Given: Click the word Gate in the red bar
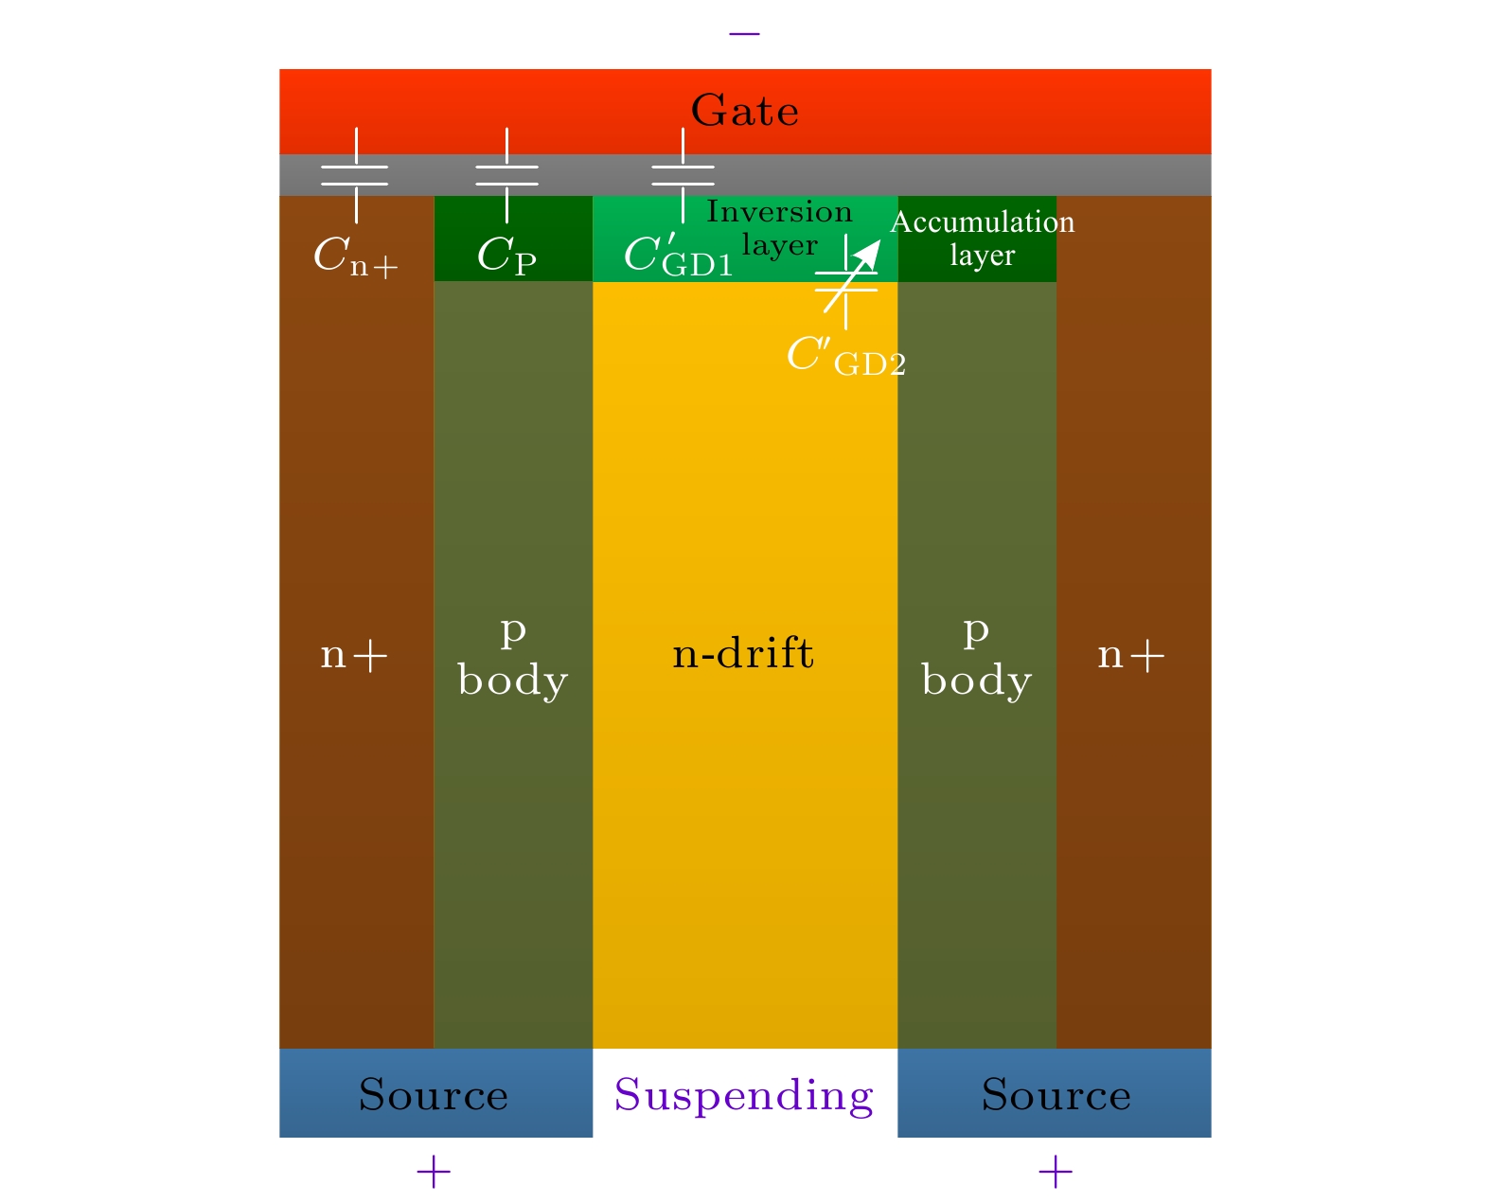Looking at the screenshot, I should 744,112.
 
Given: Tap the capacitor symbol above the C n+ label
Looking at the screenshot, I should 355,175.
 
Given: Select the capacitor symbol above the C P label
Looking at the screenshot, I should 506,175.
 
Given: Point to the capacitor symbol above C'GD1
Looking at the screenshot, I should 683,175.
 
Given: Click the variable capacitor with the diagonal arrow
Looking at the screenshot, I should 846,281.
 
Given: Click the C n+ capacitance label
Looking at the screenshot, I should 355,256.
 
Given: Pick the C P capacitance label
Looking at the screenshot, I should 506,256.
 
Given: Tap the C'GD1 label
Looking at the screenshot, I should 678,256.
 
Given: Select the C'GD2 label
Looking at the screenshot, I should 845,357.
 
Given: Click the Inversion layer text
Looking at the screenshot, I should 779,228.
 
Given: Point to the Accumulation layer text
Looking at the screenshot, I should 982,239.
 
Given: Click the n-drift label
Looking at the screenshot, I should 742,654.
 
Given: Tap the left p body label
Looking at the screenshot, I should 512,656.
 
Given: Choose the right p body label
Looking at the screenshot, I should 976,656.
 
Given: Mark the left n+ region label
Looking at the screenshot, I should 354,655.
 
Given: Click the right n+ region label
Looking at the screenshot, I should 1130,655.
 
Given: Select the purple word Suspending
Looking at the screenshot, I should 743,1096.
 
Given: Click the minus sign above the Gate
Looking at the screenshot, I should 744,34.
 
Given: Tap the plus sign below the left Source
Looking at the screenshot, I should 434,1173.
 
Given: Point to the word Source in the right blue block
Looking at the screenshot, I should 1056,1095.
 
